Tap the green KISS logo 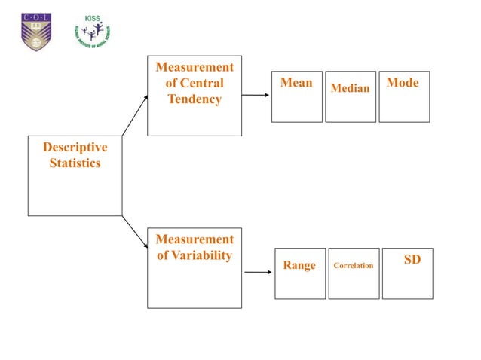(91, 31)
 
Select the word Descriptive (75, 147)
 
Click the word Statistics (75, 163)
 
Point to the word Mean (296, 83)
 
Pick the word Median (351, 89)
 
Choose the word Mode (402, 83)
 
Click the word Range (299, 265)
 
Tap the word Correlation (354, 265)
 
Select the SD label (412, 260)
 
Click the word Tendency (195, 99)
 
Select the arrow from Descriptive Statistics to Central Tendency (135, 115)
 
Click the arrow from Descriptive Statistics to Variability (135, 233)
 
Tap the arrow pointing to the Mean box (256, 96)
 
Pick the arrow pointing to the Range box (259, 273)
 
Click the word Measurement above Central (195, 68)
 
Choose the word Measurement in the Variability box (195, 239)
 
